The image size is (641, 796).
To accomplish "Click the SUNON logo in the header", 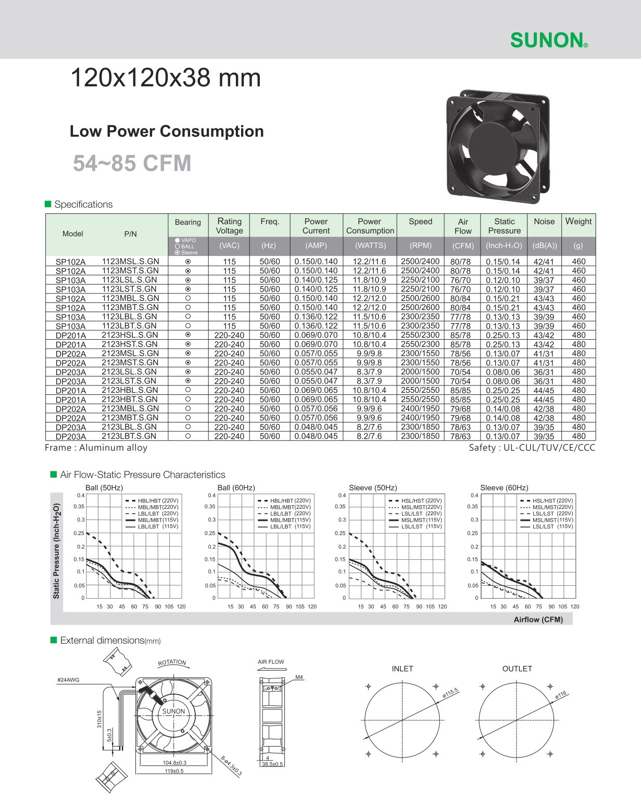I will [549, 40].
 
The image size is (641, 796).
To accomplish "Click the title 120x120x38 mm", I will [165, 78].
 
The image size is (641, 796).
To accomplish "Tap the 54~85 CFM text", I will [132, 163].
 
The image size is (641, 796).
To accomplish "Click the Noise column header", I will [544, 222].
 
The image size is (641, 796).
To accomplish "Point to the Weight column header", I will [578, 221].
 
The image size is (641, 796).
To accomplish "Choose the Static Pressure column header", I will [504, 226].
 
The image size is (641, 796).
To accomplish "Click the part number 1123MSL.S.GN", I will [130, 261].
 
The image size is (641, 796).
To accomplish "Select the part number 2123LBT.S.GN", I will [129, 436].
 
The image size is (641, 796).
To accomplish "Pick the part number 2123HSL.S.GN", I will [129, 335].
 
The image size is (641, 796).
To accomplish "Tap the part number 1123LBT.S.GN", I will [129, 326].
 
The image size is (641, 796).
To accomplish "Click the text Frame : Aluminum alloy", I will [96, 448].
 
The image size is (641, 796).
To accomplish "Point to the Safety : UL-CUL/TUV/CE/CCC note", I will [532, 448].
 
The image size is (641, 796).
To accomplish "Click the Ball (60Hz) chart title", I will [236, 487].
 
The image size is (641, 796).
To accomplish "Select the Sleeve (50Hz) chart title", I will [373, 487].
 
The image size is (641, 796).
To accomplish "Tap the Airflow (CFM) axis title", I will [538, 619].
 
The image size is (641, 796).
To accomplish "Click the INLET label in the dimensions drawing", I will [402, 669].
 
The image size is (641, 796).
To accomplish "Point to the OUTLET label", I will [517, 669].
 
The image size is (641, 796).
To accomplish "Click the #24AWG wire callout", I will [68, 680].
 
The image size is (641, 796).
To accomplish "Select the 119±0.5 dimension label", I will [171, 771].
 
